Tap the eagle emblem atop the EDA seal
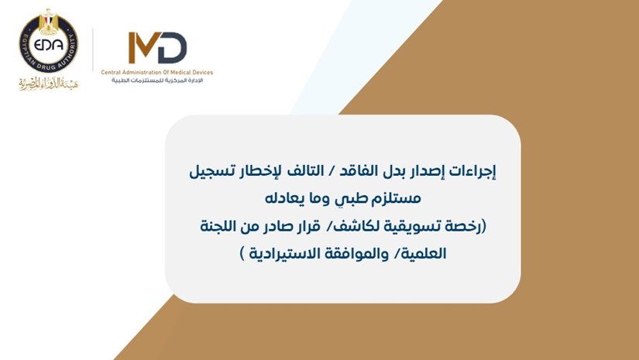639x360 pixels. click(49, 21)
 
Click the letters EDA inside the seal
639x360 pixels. click(49, 45)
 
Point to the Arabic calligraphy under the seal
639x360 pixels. click(49, 83)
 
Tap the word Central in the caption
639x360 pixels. click(111, 73)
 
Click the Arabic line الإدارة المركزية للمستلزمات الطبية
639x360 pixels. click(157, 81)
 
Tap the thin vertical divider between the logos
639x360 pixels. click(93, 50)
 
